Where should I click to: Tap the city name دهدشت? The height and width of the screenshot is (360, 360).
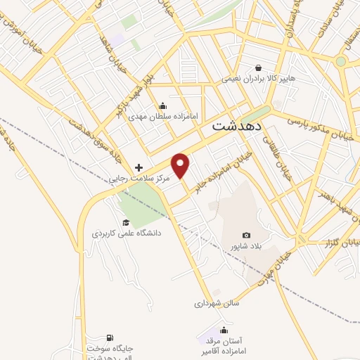[x=236, y=127]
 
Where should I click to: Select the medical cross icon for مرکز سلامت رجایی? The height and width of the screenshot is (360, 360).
[x=139, y=167]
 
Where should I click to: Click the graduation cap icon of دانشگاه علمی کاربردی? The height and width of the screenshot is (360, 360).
[x=126, y=222]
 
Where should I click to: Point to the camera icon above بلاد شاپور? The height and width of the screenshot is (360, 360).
[x=246, y=235]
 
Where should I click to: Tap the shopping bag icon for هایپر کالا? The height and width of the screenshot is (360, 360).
[x=259, y=68]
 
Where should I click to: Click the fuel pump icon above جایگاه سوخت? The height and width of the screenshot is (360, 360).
[x=109, y=338]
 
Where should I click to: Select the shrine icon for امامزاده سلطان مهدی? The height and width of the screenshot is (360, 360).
[x=162, y=105]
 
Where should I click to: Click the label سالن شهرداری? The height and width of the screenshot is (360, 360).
[x=217, y=304]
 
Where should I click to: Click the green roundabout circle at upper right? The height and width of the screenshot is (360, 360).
[x=341, y=62]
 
